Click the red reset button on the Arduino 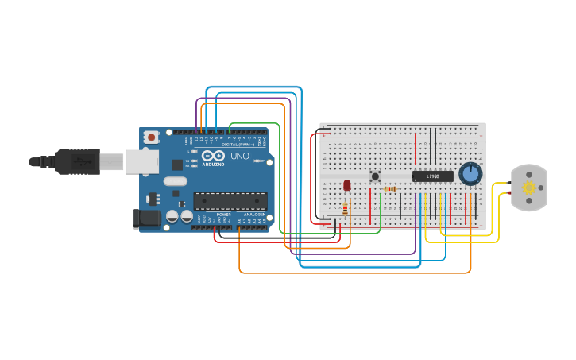tap(151, 137)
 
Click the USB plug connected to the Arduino tap(79, 161)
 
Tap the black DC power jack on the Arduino tap(148, 217)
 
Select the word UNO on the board tap(240, 157)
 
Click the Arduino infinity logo tap(213, 156)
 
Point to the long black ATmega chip tap(230, 200)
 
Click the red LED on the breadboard tap(346, 185)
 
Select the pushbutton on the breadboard tap(375, 176)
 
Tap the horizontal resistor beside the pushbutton tap(391, 189)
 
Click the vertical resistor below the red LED tap(345, 208)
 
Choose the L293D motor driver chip tap(432, 176)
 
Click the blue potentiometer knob tap(470, 173)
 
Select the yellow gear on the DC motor tap(528, 188)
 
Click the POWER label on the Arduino tap(223, 215)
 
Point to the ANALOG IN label tap(254, 215)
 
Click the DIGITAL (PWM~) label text tap(239, 144)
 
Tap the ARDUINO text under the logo tap(213, 165)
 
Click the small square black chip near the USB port tap(177, 165)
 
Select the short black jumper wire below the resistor tap(400, 203)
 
